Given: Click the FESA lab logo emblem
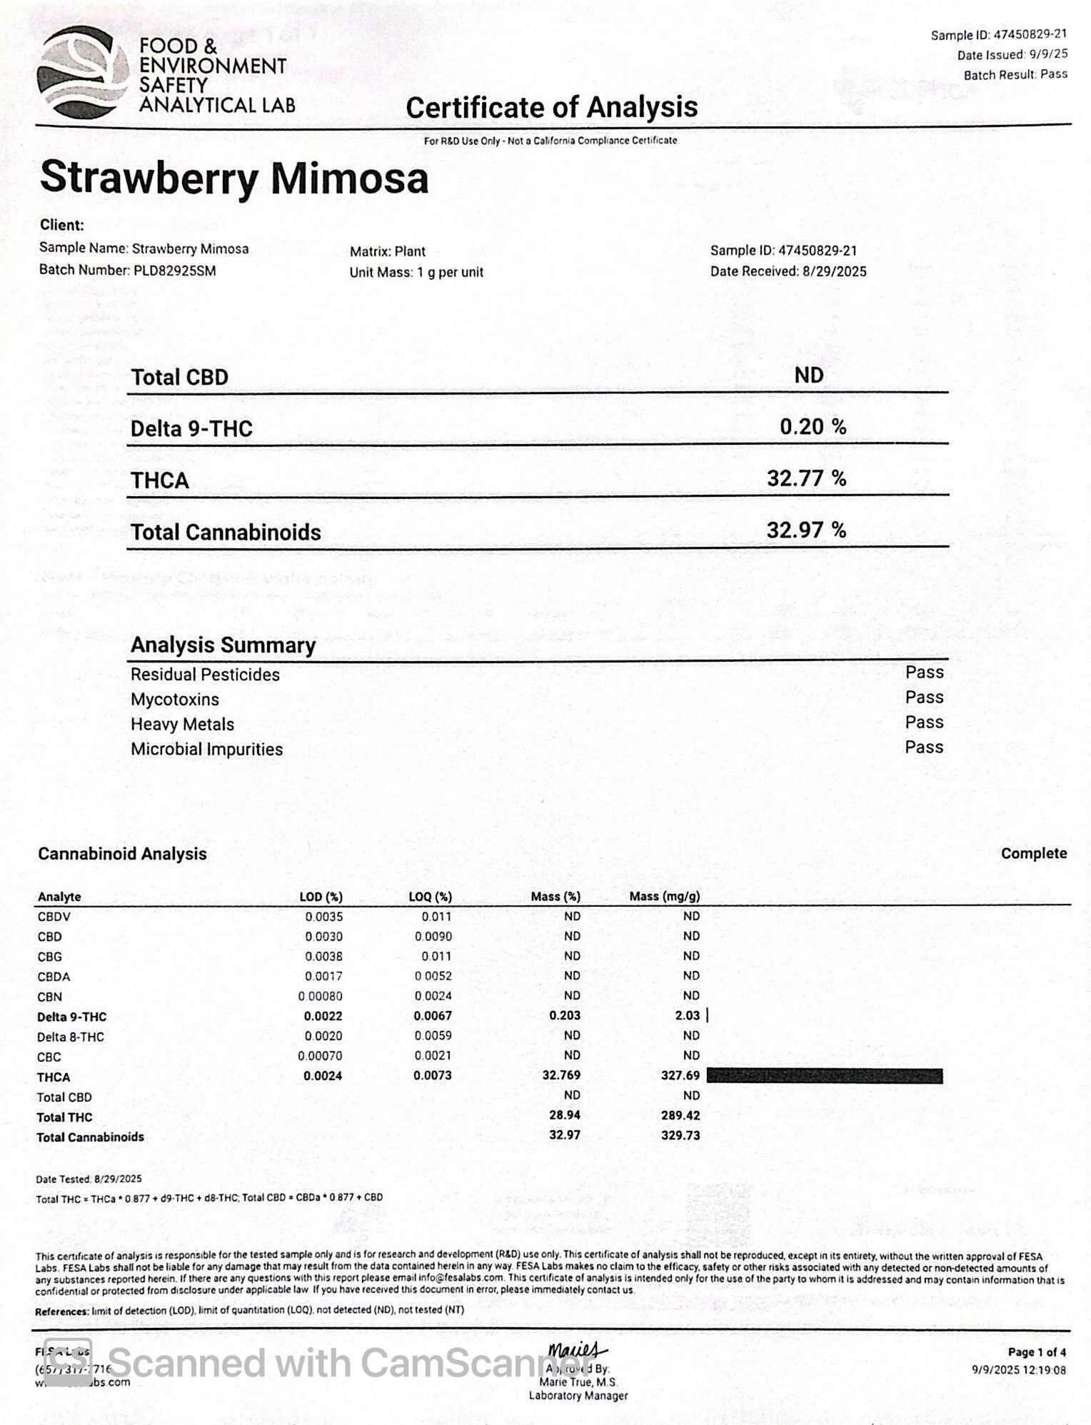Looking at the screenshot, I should (x=82, y=73).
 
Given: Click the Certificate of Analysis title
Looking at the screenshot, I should (x=551, y=108).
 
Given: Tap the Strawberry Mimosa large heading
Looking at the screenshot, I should (x=234, y=178).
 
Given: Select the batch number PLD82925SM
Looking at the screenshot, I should (x=175, y=271).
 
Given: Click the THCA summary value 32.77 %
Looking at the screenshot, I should (x=806, y=478).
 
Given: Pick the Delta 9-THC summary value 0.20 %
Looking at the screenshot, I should (x=813, y=427).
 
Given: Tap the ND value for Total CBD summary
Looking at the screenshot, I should (x=808, y=376).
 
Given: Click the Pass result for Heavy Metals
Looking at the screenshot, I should (x=924, y=722).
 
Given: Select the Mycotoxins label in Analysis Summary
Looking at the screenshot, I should (x=175, y=700).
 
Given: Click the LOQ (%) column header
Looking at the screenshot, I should (x=431, y=897).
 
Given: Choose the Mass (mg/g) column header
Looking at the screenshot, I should (x=664, y=896).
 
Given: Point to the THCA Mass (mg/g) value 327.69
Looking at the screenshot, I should (x=680, y=1075).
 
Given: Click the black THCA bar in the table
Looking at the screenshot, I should (x=825, y=1076).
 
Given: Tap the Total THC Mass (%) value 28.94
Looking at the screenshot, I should (x=565, y=1115).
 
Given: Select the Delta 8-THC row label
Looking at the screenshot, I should (x=71, y=1037).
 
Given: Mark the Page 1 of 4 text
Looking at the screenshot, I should (x=1037, y=1352).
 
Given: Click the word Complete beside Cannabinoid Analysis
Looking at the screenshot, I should (x=1033, y=854).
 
